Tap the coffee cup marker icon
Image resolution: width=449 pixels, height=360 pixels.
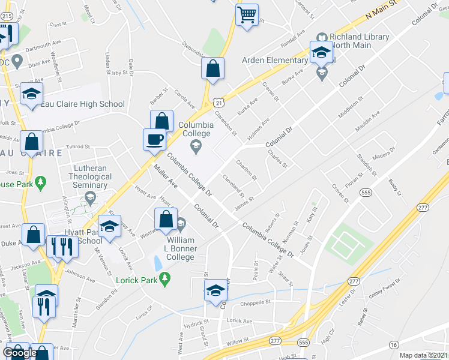pos(154,139)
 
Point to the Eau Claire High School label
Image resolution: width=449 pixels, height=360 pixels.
pos(83,104)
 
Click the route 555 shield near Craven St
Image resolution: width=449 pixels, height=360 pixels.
pos(366,192)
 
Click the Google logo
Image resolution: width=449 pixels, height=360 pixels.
pos(20,353)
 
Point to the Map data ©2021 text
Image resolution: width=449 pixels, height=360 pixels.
pos(423,355)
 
